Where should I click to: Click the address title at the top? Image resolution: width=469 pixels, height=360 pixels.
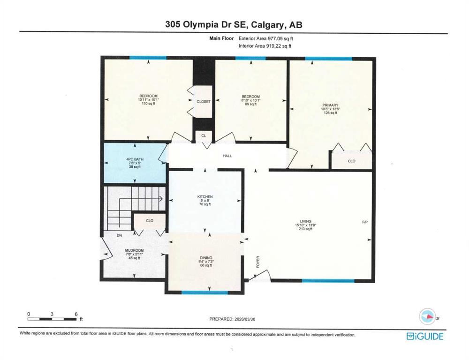[234, 25]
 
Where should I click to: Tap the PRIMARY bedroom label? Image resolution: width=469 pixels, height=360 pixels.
[330, 105]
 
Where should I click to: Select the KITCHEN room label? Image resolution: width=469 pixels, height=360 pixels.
[205, 196]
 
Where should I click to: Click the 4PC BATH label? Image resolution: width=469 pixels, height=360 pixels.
[135, 159]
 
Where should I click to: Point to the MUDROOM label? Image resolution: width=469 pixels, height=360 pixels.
[134, 251]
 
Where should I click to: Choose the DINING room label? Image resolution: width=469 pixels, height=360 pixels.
[206, 258]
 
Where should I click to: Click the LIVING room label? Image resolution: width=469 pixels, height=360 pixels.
[306, 222]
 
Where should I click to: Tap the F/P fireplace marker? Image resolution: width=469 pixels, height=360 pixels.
[364, 221]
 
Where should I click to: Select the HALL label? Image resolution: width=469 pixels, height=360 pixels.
[227, 156]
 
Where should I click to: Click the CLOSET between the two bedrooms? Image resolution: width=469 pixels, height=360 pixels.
[204, 101]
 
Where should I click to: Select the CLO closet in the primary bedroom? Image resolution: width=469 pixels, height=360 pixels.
[351, 160]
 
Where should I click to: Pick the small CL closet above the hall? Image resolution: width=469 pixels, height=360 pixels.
[204, 135]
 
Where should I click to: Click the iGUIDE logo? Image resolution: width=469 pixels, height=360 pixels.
[424, 336]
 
